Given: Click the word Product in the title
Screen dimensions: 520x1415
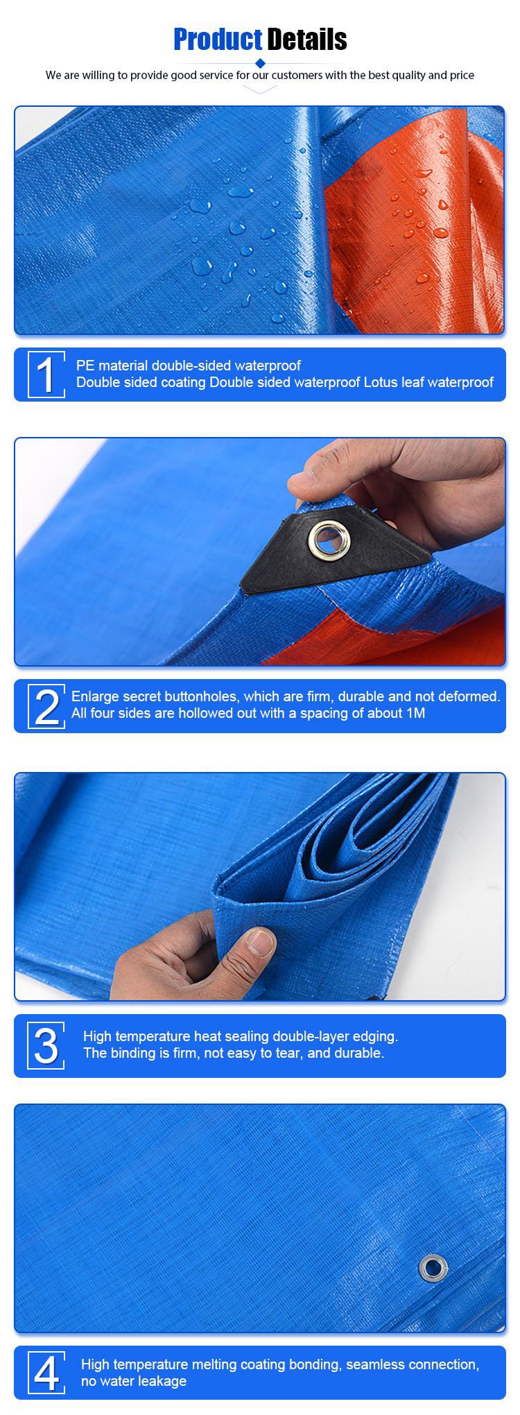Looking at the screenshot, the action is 218,40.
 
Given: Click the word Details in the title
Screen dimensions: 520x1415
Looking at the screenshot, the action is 307,40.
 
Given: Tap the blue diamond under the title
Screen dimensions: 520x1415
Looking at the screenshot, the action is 260,63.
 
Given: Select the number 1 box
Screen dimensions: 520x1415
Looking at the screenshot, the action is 46,375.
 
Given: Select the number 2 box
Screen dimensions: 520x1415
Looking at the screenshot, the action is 46,706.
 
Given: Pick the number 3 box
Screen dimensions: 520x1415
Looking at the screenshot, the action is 46,1045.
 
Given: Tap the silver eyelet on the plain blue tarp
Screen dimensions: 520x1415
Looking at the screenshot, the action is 432,1269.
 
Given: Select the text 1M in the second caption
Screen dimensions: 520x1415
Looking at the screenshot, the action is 416,713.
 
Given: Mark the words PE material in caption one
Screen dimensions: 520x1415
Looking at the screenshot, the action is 112,366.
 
